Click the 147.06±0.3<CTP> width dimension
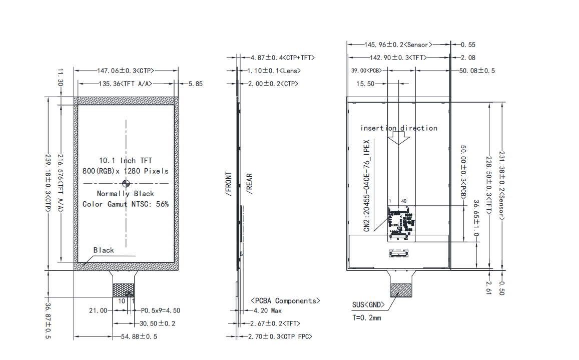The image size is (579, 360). click(x=126, y=71)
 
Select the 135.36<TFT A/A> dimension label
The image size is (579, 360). click(x=126, y=84)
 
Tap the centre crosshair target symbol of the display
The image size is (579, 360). click(x=126, y=183)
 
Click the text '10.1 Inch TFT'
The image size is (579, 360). click(x=126, y=160)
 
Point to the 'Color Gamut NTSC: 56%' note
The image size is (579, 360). click(x=126, y=204)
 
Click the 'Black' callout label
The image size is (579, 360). click(x=104, y=250)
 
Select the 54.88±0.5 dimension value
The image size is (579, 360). click(x=139, y=336)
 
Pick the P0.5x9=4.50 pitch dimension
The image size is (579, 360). click(x=161, y=310)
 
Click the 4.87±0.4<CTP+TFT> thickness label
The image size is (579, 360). click(x=282, y=58)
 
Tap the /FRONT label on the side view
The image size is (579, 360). click(x=229, y=184)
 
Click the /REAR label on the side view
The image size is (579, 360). click(x=250, y=184)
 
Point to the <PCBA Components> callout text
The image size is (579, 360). click(x=285, y=301)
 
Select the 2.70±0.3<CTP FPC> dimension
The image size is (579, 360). click(x=280, y=336)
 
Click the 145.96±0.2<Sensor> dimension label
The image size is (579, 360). click(x=398, y=45)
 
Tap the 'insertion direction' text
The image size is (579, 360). click(x=399, y=128)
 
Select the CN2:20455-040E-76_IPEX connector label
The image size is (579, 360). click(x=366, y=186)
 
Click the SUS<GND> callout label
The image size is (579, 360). click(x=368, y=305)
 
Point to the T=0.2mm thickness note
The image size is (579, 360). click(x=367, y=318)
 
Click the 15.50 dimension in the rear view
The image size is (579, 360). click(x=365, y=84)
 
